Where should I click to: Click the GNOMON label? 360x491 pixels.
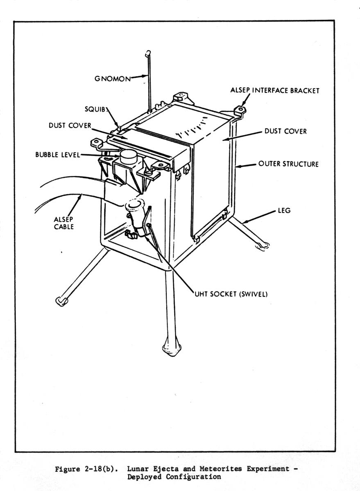click(x=113, y=79)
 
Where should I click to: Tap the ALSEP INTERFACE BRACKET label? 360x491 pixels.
click(x=275, y=91)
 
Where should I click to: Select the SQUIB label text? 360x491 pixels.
click(x=97, y=110)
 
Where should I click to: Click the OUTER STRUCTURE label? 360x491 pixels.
click(x=288, y=164)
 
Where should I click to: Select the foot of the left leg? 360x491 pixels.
click(x=61, y=301)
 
